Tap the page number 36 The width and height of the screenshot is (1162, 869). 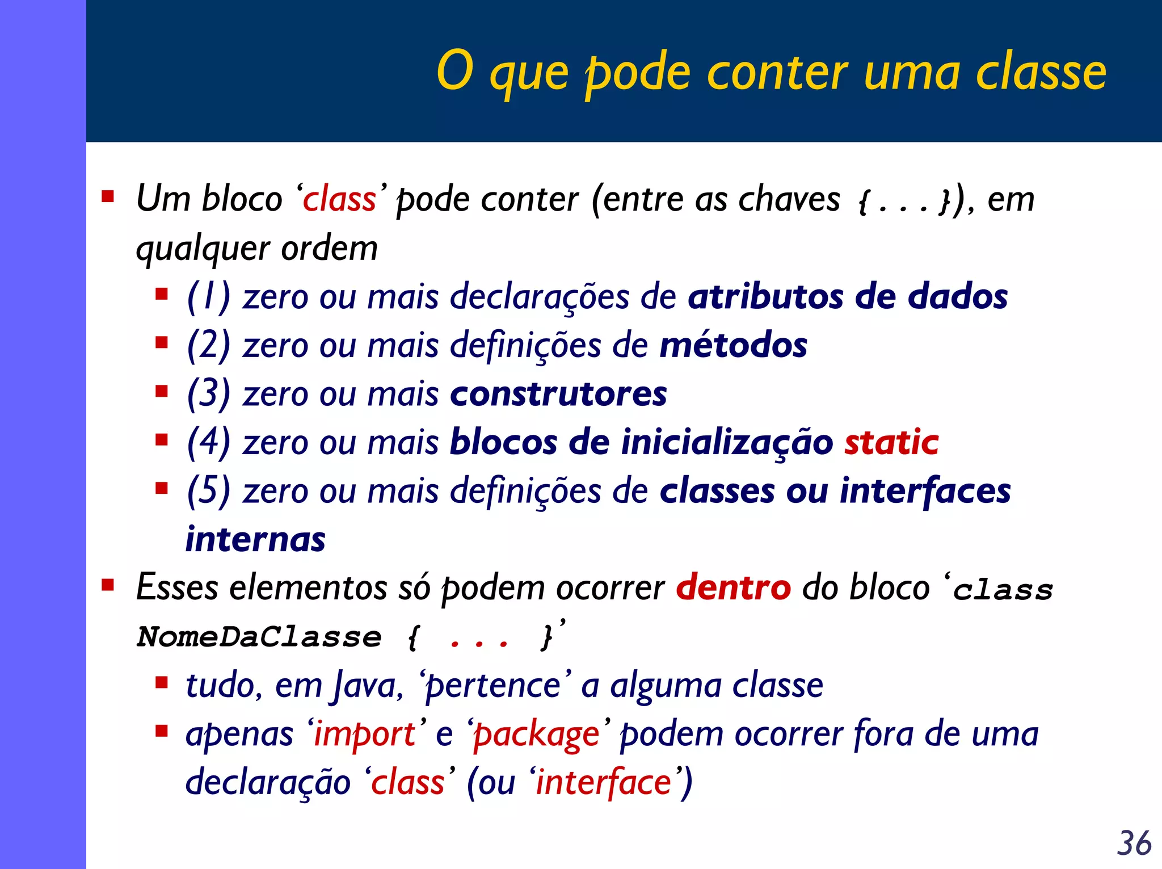[1134, 843]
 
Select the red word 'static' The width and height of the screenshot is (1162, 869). [891, 442]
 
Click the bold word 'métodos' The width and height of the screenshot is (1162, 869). [733, 345]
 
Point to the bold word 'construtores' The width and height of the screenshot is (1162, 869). [558, 394]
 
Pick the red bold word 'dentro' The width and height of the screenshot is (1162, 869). [733, 587]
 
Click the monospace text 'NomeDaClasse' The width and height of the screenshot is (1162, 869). [259, 637]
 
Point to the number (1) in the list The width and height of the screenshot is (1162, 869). [208, 297]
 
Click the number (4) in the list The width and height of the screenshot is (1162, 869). [208, 442]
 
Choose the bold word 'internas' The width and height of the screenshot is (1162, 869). [256, 539]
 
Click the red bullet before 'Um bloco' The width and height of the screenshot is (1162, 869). [108, 198]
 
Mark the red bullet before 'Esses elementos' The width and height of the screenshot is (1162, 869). [108, 585]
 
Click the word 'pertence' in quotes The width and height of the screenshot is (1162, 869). [494, 686]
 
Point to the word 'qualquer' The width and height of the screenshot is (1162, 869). [203, 249]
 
